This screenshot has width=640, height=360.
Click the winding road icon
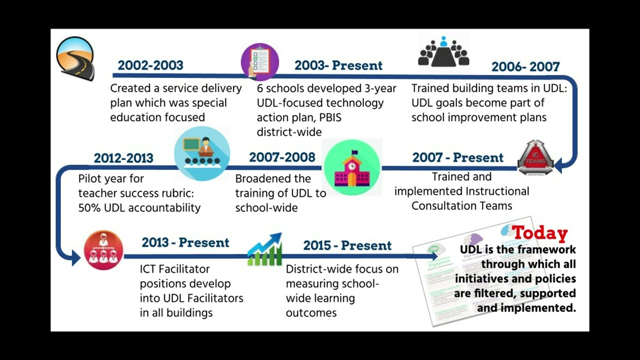pos(75,58)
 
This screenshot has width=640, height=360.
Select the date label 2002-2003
pos(150,65)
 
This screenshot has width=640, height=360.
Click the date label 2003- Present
pos(338,65)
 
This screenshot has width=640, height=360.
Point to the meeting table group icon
pos(443,51)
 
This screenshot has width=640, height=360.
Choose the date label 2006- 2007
pos(525,67)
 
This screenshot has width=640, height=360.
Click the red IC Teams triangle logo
pos(535,157)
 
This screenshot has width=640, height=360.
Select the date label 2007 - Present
pos(457,157)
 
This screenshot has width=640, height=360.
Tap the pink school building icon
pos(352,167)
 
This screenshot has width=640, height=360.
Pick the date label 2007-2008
pos(282,157)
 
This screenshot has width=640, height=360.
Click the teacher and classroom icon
pos(202,153)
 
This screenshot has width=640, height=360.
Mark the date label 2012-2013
pos(123,158)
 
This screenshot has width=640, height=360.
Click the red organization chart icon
pos(103,250)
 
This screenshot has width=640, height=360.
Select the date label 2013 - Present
pos(185,243)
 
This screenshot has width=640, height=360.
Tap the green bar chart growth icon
pos(265,249)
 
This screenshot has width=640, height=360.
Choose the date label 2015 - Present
pos(347,246)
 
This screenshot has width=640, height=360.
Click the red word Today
pos(540,233)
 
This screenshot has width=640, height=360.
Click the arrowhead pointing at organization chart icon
pos(74,257)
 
